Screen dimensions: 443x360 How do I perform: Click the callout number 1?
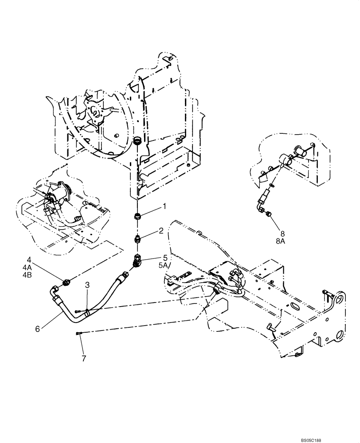[x=152, y=206]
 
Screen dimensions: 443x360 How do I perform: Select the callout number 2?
[x=149, y=230]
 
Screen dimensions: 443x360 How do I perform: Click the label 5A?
[x=152, y=265]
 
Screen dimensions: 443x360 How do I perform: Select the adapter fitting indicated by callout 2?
[x=138, y=240]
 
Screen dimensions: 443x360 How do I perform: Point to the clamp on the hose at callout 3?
[x=87, y=312]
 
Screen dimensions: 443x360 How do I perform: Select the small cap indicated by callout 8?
[x=269, y=215]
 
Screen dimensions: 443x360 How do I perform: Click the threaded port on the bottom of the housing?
[x=137, y=142]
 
